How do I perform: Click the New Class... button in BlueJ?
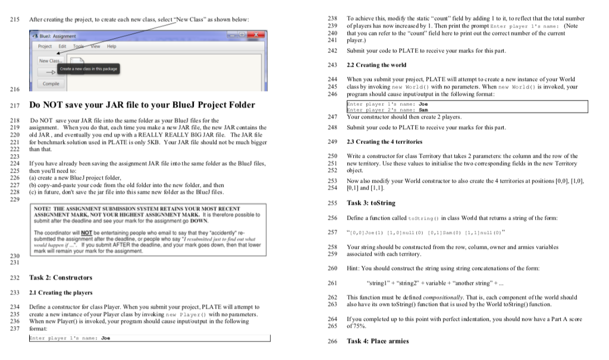[50, 61]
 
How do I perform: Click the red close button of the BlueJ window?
[255, 36]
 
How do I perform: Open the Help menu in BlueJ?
[112, 46]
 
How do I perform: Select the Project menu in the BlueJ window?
[45, 46]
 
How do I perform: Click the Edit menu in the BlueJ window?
[62, 46]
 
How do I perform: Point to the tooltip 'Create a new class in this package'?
[88, 70]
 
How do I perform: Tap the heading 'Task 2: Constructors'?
[61, 278]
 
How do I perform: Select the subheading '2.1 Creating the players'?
[61, 293]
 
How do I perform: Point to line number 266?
[332, 341]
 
